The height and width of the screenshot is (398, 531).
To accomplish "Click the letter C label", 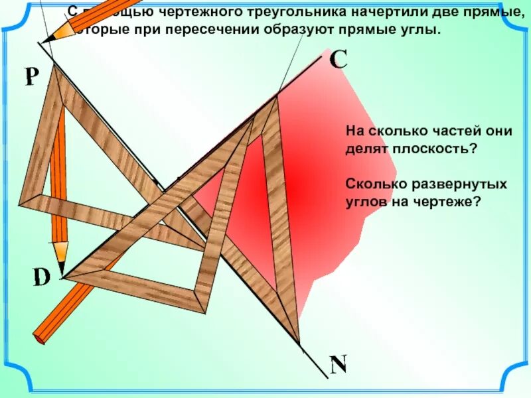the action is (337, 60).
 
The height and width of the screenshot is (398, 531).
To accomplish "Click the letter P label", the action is (30, 78).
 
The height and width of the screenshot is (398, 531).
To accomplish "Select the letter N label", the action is (339, 364).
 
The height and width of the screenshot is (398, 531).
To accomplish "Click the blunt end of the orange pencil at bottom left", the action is (40, 338).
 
